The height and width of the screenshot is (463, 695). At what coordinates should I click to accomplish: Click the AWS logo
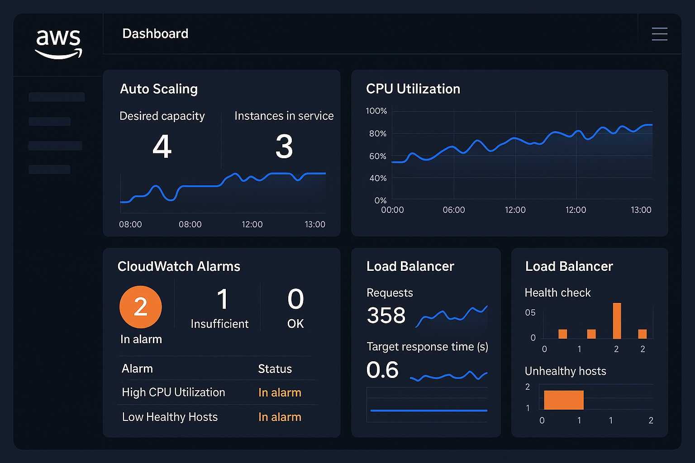pyautogui.click(x=58, y=43)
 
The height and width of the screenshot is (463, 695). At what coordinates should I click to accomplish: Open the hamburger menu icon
pyautogui.click(x=659, y=34)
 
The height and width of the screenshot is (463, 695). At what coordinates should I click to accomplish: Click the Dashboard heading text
pyautogui.click(x=155, y=34)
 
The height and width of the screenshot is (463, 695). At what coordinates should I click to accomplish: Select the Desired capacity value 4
pyautogui.click(x=162, y=147)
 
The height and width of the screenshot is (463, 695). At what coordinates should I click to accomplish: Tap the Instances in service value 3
pyautogui.click(x=284, y=147)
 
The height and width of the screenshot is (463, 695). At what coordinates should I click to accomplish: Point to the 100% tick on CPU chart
pyautogui.click(x=376, y=111)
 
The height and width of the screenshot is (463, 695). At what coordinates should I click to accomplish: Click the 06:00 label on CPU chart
pyautogui.click(x=453, y=210)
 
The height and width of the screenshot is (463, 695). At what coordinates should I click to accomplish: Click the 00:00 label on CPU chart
pyautogui.click(x=392, y=210)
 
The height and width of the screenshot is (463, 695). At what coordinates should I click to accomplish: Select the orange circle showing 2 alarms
pyautogui.click(x=141, y=307)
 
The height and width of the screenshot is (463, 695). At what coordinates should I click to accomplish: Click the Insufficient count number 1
pyautogui.click(x=222, y=299)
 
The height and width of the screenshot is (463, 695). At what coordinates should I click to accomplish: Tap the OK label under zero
pyautogui.click(x=295, y=324)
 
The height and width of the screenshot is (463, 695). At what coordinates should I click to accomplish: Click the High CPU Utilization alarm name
pyautogui.click(x=173, y=392)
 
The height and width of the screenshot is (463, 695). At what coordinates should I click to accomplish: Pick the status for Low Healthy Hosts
pyautogui.click(x=280, y=417)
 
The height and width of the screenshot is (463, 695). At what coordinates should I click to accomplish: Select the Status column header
pyautogui.click(x=275, y=369)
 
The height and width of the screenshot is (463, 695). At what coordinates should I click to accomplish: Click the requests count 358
pyautogui.click(x=386, y=316)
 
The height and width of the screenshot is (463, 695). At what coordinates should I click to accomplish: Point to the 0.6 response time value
pyautogui.click(x=382, y=370)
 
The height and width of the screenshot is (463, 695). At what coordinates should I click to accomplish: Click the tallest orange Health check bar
pyautogui.click(x=617, y=321)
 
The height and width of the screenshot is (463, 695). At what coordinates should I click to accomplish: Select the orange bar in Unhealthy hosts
pyautogui.click(x=563, y=400)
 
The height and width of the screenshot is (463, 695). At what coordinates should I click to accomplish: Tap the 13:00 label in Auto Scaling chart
pyautogui.click(x=315, y=224)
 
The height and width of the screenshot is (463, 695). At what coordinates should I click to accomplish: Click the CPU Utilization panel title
pyautogui.click(x=413, y=89)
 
